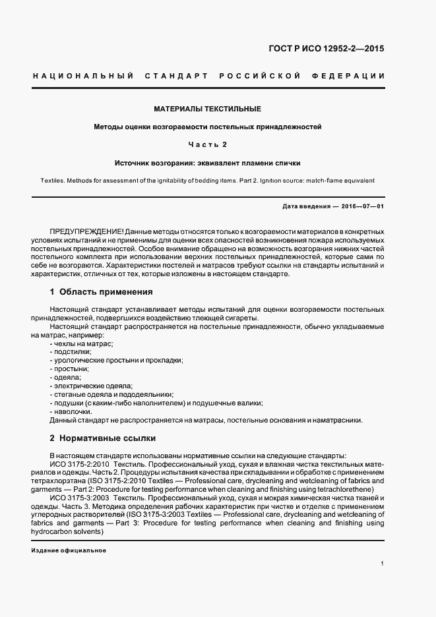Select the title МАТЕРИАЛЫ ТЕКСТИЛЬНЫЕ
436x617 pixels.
click(x=207, y=108)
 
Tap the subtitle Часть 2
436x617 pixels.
click(x=207, y=144)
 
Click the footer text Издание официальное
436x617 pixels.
click(x=69, y=550)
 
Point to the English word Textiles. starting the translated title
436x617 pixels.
click(x=53, y=179)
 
